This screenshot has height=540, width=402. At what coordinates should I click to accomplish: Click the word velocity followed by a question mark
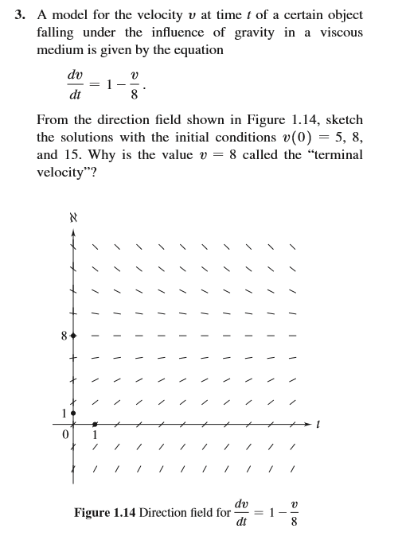pos(67,172)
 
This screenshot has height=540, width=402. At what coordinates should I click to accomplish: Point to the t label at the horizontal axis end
pos(318,425)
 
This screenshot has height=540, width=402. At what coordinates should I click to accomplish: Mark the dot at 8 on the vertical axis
pos(74,336)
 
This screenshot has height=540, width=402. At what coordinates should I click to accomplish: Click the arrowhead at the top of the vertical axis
pos(74,232)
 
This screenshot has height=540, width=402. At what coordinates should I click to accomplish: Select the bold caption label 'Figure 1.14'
pos(104,513)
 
